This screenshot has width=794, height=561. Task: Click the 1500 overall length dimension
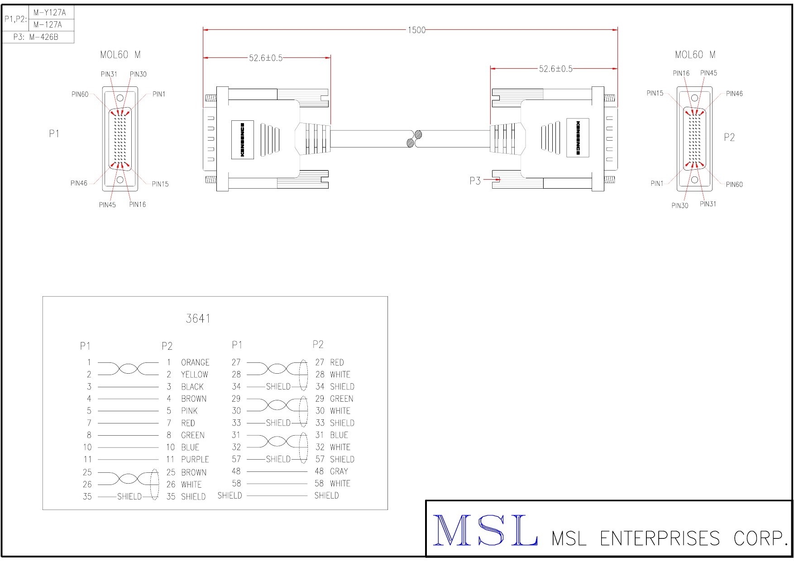(416, 30)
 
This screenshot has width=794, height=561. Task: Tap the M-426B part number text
(44, 37)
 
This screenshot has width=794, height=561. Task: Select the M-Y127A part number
(50, 13)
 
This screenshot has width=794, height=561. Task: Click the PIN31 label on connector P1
(109, 74)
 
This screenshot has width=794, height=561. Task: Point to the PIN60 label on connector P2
(734, 184)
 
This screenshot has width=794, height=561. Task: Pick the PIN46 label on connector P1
(79, 183)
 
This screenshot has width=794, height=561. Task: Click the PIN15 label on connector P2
(655, 93)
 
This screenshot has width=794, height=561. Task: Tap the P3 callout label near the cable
(475, 181)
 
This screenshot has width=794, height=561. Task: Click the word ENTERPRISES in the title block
(660, 538)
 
